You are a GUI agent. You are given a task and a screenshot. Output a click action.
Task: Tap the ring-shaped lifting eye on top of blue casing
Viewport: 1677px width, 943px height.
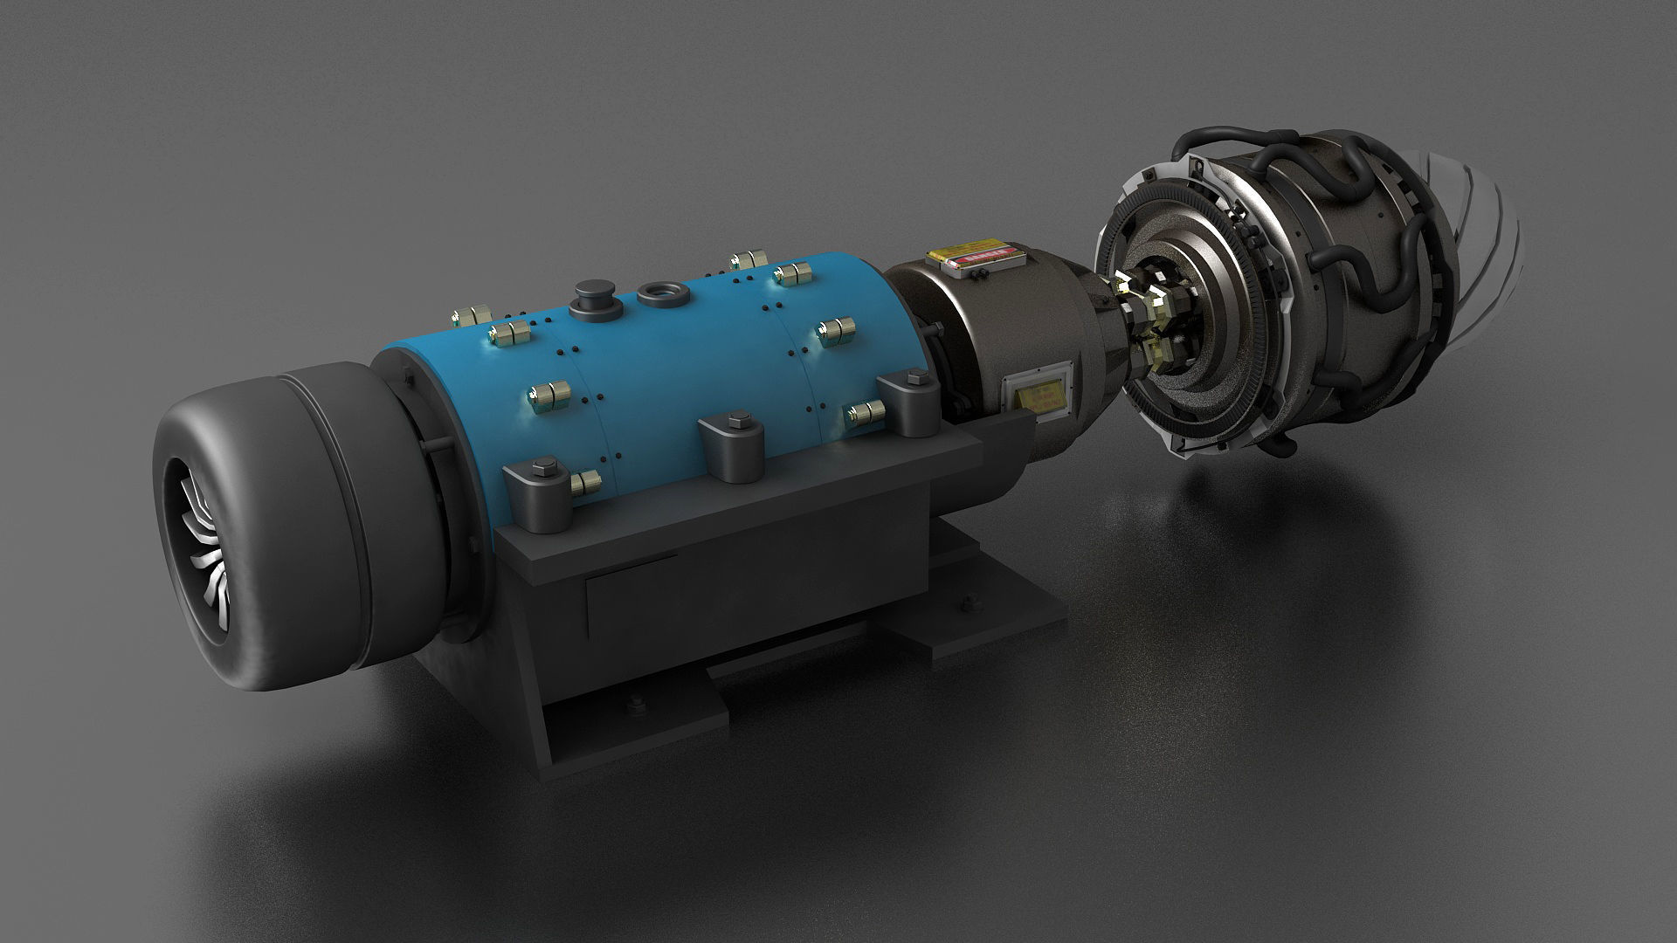tap(660, 292)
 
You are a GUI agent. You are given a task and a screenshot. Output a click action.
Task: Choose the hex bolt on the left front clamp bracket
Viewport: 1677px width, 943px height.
tap(538, 465)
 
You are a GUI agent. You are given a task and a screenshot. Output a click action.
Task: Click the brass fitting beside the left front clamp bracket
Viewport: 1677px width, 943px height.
tap(584, 480)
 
